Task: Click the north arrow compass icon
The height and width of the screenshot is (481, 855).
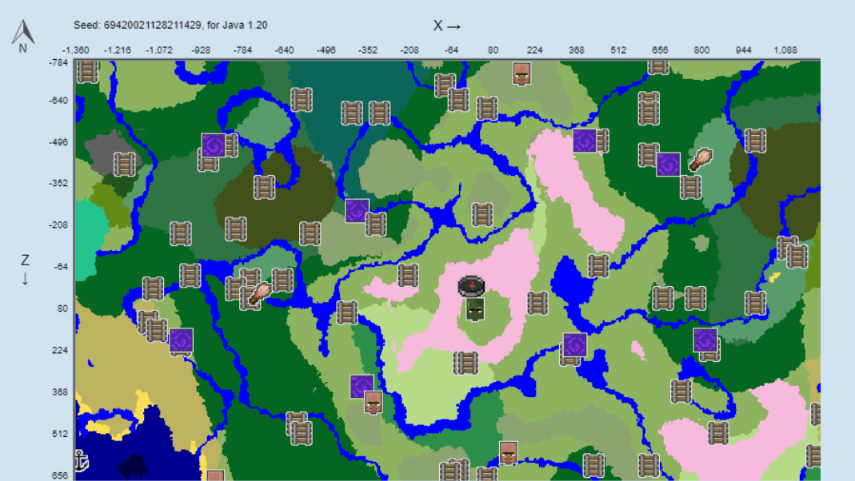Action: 22,34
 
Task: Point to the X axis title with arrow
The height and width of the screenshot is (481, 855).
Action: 447,26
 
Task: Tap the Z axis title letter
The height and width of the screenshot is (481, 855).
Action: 25,260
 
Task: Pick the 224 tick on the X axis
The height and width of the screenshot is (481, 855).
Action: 534,50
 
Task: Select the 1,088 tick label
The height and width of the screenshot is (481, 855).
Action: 785,50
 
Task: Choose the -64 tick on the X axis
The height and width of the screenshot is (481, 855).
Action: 451,50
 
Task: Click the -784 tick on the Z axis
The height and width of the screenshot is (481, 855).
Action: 58,62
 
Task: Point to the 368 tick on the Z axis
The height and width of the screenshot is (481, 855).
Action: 59,392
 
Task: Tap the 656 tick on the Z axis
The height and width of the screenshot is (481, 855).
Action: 59,475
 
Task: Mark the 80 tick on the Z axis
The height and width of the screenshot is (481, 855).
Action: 62,308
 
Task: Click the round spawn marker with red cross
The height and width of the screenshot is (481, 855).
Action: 472,284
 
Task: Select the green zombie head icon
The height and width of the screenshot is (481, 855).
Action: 474,309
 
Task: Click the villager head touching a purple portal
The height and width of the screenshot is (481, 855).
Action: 373,402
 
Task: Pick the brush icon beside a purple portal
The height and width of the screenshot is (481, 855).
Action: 701,160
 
